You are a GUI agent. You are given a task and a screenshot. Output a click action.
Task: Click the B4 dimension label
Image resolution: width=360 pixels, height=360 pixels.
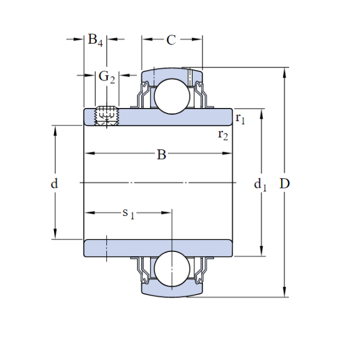95,40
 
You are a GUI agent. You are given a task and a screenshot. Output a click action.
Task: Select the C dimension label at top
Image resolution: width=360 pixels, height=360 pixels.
171,40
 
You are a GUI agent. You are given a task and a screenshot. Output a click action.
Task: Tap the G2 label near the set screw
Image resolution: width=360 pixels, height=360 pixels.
107,77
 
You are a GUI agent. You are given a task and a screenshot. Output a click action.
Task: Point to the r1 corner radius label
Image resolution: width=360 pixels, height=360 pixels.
241,119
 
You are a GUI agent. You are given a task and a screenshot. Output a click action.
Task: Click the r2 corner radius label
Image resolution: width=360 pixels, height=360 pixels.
223,135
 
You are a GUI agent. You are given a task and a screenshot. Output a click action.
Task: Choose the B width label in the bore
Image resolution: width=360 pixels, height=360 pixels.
161,155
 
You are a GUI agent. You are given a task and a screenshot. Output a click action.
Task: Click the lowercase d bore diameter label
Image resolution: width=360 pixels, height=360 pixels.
54,184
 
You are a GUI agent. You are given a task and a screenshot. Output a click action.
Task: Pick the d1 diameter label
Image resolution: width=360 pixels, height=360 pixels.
260,185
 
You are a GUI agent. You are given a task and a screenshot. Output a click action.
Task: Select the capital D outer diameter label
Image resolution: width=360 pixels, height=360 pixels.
284,184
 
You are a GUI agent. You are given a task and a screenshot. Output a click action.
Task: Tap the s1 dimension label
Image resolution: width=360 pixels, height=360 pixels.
128,214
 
